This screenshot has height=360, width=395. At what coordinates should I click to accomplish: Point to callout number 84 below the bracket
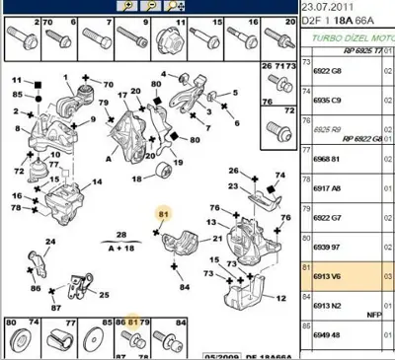(x=184, y=287)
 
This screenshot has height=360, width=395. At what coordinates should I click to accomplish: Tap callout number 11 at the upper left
(x=16, y=80)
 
